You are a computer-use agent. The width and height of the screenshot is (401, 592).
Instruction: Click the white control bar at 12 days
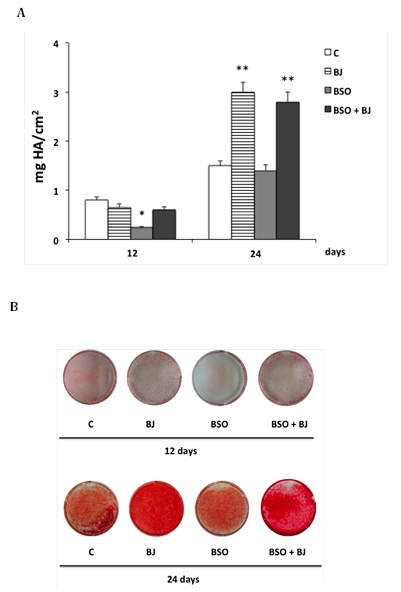(x=96, y=219)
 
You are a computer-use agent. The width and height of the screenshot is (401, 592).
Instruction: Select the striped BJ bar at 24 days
(x=243, y=166)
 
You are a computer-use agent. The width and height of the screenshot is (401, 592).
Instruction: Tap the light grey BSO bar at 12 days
(x=141, y=233)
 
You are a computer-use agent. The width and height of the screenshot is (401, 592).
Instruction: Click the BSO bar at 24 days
(x=265, y=205)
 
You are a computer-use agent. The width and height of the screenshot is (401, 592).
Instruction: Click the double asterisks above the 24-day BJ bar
(x=242, y=68)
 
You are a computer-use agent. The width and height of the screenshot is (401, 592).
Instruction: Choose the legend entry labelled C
(x=332, y=53)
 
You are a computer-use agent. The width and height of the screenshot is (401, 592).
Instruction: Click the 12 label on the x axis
(x=132, y=253)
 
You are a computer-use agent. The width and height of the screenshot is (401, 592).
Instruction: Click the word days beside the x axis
(x=335, y=252)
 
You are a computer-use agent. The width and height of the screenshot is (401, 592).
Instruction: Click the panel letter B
(x=14, y=307)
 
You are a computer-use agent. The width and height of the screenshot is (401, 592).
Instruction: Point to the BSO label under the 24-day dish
(x=220, y=552)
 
